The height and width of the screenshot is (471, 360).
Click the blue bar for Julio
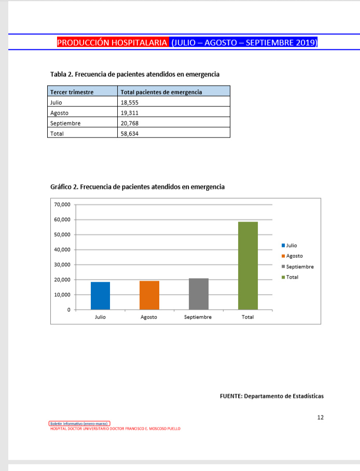(x=100, y=296)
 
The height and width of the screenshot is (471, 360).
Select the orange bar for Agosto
(x=149, y=295)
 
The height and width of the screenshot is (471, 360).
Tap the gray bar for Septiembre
(x=199, y=294)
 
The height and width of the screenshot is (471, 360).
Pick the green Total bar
(x=248, y=266)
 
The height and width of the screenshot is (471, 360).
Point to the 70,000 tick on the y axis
(x=62, y=205)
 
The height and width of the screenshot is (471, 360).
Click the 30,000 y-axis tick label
(x=62, y=265)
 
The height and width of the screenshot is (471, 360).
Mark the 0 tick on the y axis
(x=68, y=310)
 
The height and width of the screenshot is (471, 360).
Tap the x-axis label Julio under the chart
(x=100, y=317)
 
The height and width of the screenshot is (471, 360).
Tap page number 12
(x=320, y=417)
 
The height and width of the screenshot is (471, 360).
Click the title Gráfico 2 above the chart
(x=137, y=187)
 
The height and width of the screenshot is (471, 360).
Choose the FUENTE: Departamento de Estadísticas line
(x=271, y=396)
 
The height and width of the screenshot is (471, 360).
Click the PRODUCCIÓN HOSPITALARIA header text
(x=112, y=43)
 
